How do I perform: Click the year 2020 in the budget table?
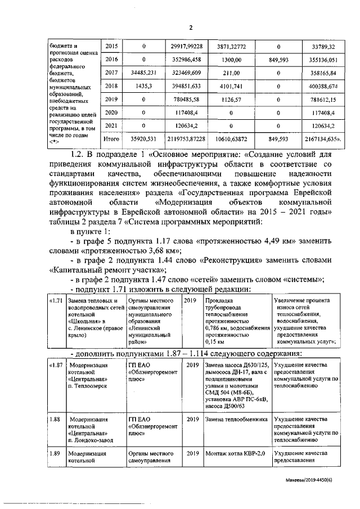[x=111, y=113]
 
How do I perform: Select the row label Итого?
[x=111, y=138]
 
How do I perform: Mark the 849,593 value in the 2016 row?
[x=279, y=59]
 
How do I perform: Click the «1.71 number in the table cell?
[x=55, y=301]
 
